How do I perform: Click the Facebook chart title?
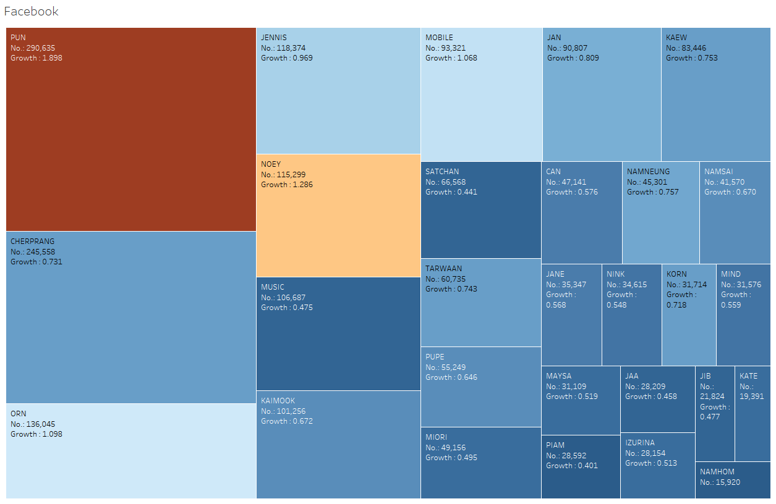(x=31, y=11)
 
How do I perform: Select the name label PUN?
(x=18, y=38)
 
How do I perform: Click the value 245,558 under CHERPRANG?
(x=41, y=251)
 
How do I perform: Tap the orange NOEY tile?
(x=338, y=216)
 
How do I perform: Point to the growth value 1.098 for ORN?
(x=52, y=434)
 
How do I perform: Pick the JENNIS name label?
(x=274, y=38)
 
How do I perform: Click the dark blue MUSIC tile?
(x=338, y=334)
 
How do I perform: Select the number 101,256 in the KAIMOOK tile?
(x=291, y=411)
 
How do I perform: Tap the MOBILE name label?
(x=439, y=38)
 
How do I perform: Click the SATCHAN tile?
(x=481, y=210)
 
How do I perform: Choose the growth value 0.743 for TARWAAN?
(x=467, y=288)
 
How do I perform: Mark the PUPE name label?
(x=435, y=357)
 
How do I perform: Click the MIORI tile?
(x=481, y=463)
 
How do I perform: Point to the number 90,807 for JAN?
(x=574, y=48)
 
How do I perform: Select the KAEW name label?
(x=676, y=38)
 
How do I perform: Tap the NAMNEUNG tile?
(x=660, y=212)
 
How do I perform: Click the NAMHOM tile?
(x=733, y=480)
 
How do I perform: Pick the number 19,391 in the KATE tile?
(x=751, y=397)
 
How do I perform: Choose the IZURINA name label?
(x=640, y=443)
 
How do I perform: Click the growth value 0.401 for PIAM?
(x=587, y=466)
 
